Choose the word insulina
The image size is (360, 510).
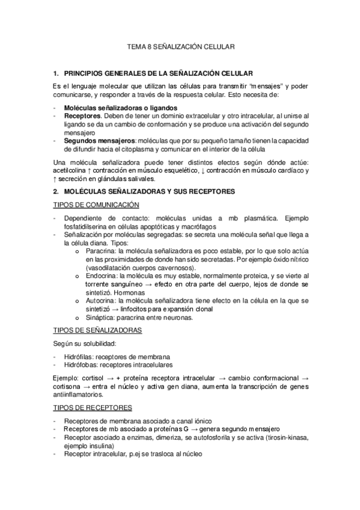100,447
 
